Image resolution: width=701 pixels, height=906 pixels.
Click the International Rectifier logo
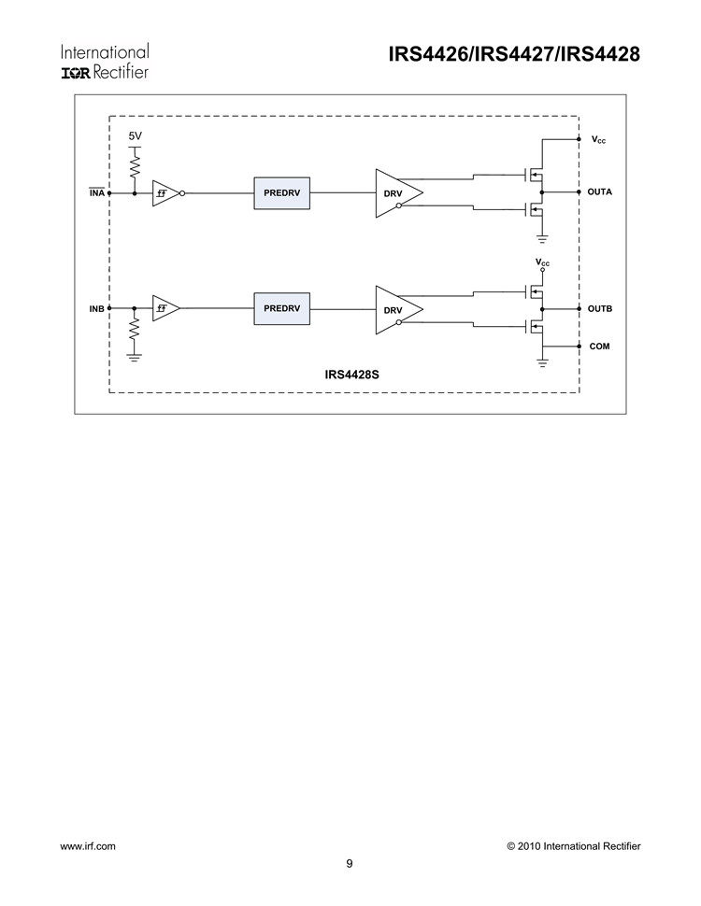pyautogui.click(x=105, y=62)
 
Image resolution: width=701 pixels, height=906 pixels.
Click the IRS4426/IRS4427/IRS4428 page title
pyautogui.click(x=513, y=55)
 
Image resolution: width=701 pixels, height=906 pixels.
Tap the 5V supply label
pyautogui.click(x=135, y=136)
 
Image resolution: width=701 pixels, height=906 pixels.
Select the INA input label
pyautogui.click(x=96, y=192)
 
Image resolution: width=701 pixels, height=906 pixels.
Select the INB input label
pyautogui.click(x=96, y=308)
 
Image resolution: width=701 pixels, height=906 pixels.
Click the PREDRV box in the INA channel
pyautogui.click(x=281, y=192)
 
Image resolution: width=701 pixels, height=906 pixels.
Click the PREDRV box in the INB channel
pyautogui.click(x=281, y=308)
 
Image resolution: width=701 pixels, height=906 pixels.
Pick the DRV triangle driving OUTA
pyautogui.click(x=395, y=193)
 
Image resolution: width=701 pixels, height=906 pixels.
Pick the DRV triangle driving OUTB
pyautogui.click(x=395, y=309)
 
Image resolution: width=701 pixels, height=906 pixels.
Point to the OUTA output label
pyautogui.click(x=599, y=192)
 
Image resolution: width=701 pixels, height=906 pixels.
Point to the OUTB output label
pyautogui.click(x=599, y=308)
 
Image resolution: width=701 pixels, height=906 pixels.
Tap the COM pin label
pyautogui.click(x=599, y=346)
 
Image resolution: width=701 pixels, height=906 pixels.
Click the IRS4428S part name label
pyautogui.click(x=351, y=374)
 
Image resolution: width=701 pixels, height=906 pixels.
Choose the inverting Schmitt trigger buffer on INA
pyautogui.click(x=165, y=192)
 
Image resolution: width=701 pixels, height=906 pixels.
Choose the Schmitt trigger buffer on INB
pyautogui.click(x=165, y=308)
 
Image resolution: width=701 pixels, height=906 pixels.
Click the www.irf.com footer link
pyautogui.click(x=88, y=846)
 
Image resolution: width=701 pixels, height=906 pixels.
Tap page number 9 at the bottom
pyautogui.click(x=350, y=864)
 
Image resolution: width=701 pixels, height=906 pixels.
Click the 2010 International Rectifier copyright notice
pyautogui.click(x=573, y=846)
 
